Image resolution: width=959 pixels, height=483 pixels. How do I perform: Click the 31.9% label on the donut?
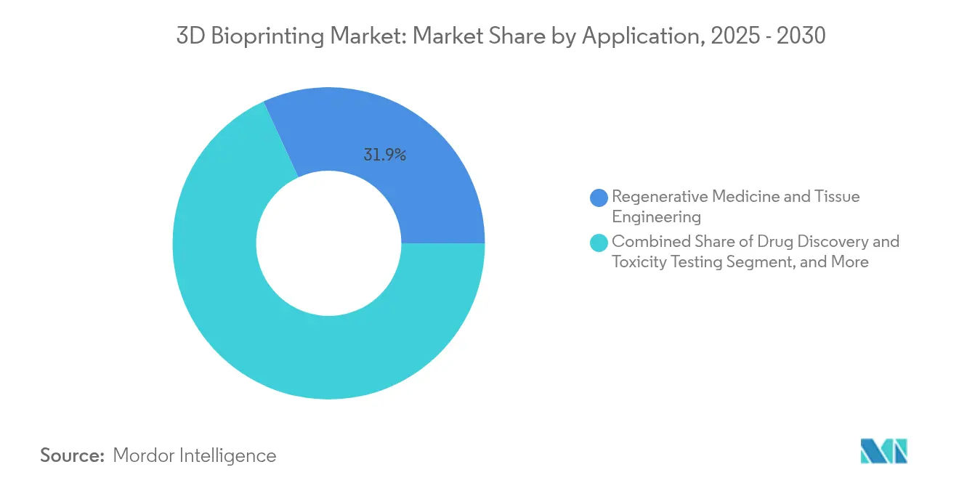(384, 154)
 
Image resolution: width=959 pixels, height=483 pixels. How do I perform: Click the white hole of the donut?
(328, 243)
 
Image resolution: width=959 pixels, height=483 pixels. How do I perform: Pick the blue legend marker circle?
(599, 197)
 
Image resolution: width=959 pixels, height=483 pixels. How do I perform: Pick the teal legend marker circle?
(599, 242)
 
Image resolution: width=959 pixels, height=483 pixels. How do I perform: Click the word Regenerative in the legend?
(659, 196)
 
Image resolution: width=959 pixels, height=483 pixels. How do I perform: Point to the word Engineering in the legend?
(656, 216)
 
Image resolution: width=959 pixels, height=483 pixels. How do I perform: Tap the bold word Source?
(73, 455)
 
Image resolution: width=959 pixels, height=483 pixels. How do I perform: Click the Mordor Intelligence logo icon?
(883, 451)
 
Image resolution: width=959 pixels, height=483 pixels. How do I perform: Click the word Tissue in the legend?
(836, 196)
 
